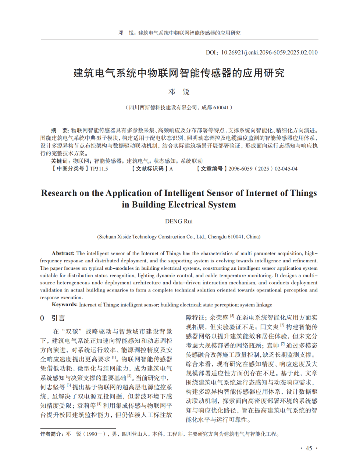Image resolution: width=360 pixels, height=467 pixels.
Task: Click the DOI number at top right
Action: pos(269,53)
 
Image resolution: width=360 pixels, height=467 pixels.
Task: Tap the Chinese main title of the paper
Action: pos(179,73)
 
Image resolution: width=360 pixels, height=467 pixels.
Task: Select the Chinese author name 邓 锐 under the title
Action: pos(179,92)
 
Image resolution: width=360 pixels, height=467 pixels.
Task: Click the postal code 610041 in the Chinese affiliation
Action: pos(221,107)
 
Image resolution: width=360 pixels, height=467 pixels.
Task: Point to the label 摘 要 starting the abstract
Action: pos(60,130)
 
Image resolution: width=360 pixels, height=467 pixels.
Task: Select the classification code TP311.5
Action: pos(99,169)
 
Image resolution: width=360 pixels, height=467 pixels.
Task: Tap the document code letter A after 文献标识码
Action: pos(171,169)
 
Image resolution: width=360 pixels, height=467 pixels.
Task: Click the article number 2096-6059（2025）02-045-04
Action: pos(263,169)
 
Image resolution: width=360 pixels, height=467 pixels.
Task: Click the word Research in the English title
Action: pos(59,193)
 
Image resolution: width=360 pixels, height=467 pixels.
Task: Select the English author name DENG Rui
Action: pos(179,221)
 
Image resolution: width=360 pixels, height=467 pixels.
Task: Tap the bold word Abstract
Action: pos(63,253)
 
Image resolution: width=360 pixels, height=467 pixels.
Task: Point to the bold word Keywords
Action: pos(64,305)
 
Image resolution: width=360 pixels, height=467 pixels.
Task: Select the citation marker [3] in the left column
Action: pos(69,385)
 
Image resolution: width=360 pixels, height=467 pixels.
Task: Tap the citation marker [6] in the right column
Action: pos(282,325)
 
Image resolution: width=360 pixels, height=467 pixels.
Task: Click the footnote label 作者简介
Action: pos(51,434)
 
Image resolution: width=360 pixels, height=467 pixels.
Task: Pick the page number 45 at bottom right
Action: pos(309,448)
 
